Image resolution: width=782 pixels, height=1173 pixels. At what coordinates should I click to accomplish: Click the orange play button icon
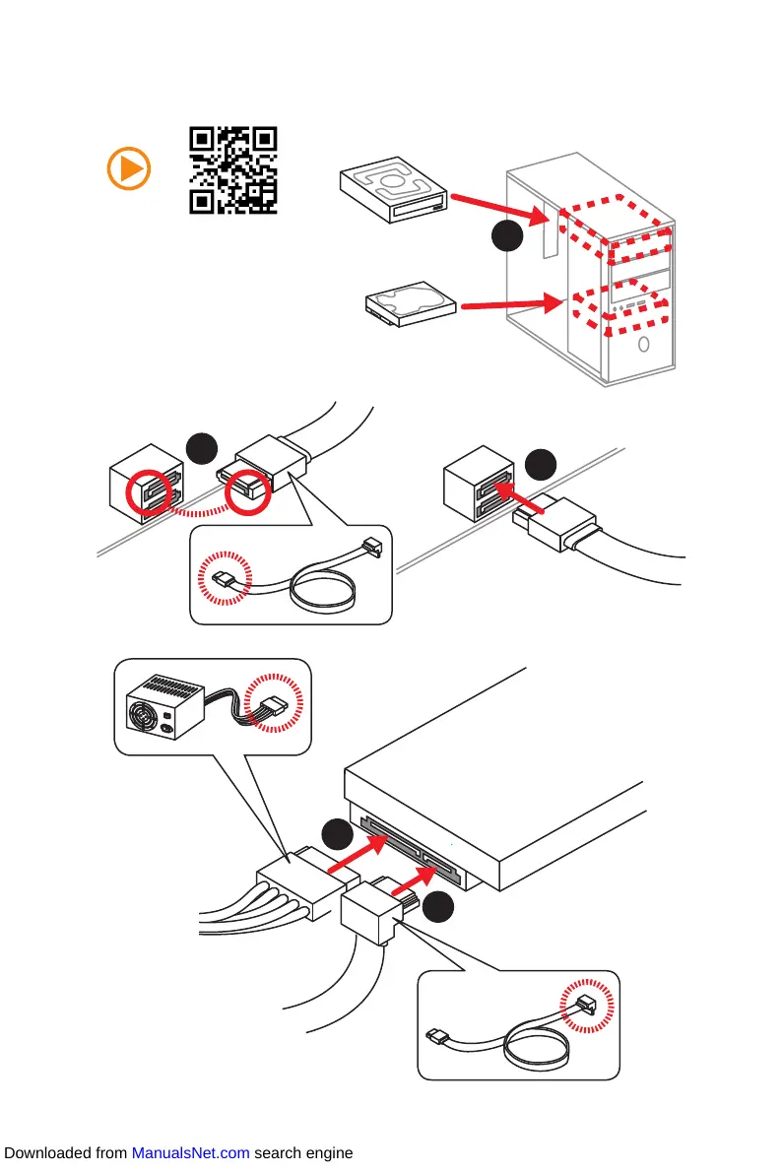pos(128,169)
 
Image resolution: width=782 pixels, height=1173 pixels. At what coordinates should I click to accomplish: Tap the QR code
pos(232,170)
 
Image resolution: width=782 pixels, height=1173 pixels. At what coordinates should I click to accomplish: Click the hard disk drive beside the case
pos(410,305)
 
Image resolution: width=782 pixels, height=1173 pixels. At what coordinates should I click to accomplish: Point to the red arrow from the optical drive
pos(492,208)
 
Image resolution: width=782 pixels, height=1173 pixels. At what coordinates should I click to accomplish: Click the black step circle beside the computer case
pos(506,237)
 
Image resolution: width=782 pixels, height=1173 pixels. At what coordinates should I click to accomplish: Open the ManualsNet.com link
pos(190,1153)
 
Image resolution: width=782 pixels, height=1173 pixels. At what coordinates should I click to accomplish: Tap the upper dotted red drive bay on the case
pos(617,228)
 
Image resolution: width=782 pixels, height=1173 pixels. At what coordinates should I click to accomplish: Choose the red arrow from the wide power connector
pos(355,853)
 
